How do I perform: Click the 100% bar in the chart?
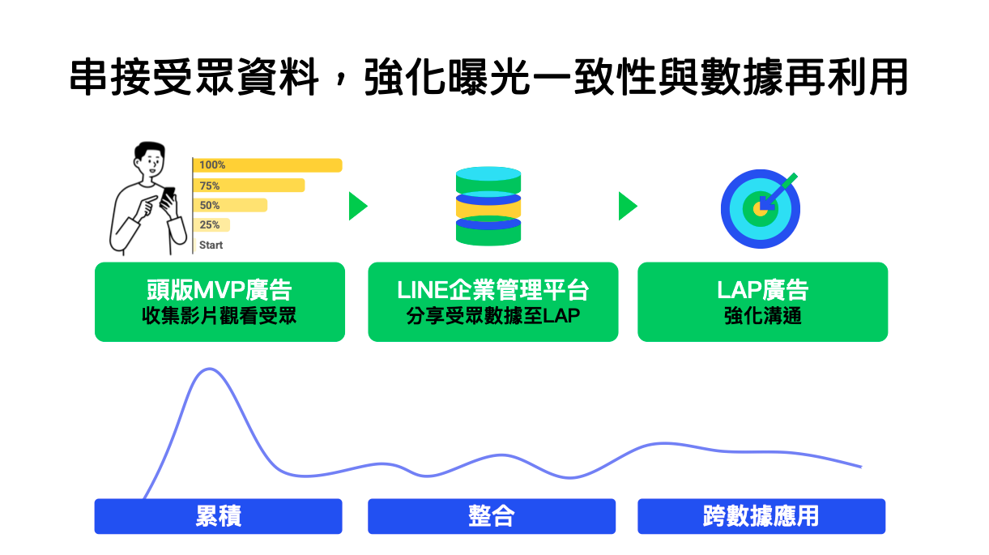[267, 165]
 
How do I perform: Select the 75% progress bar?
[249, 186]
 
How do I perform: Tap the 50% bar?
[230, 205]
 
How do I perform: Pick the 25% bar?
[212, 225]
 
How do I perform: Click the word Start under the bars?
[211, 245]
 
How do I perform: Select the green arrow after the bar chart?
[357, 206]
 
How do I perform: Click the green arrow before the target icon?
[627, 206]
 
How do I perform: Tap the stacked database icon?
[488, 206]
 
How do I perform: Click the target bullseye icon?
[760, 208]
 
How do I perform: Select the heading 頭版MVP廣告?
[220, 290]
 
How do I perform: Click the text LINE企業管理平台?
[492, 290]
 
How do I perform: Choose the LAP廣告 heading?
[762, 290]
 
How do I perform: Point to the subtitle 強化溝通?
[762, 316]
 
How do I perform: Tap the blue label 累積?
[218, 516]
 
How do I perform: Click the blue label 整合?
[492, 516]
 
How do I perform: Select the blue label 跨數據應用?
[761, 516]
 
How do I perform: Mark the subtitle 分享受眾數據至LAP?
[492, 316]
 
